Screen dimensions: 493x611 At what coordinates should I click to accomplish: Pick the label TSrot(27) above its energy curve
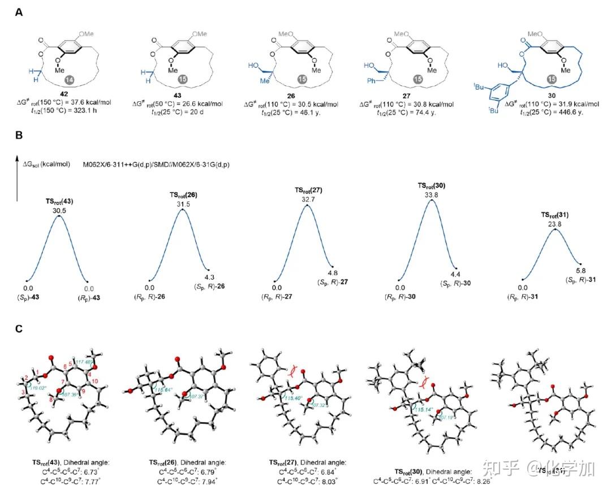coord(308,190)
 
